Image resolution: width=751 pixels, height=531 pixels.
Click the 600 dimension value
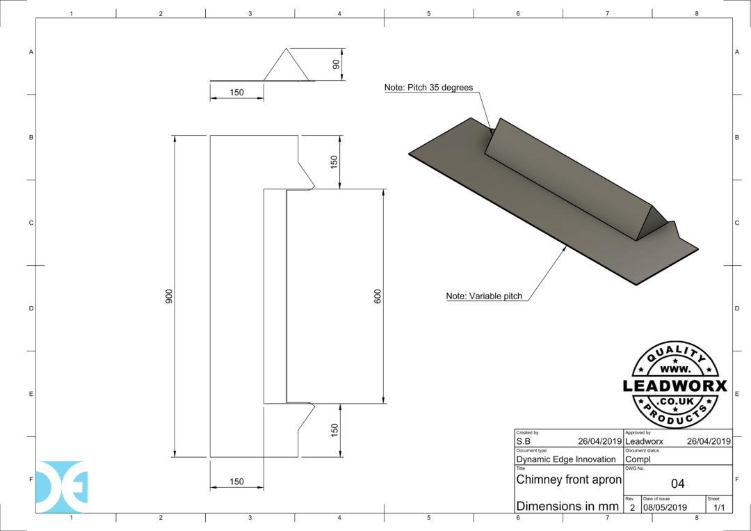point(378,296)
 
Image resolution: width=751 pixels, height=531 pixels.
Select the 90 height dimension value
point(336,65)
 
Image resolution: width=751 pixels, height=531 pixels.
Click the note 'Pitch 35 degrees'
point(428,88)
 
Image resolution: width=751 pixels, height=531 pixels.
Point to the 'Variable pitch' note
point(484,296)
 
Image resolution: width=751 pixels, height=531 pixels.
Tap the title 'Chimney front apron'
point(568,480)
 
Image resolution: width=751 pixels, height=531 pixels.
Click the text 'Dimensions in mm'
point(567,506)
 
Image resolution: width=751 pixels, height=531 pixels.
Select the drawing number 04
point(677,484)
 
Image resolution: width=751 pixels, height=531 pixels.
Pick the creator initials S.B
point(524,441)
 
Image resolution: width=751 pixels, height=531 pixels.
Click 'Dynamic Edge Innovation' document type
point(565,459)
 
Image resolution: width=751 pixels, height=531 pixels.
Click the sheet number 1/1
point(718,508)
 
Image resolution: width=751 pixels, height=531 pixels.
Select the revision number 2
point(631,508)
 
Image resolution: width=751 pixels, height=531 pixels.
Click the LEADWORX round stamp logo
point(675,385)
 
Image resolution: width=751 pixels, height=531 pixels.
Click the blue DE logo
point(62,486)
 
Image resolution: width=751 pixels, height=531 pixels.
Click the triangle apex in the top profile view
point(285,49)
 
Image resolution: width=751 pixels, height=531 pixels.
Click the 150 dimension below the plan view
point(236,482)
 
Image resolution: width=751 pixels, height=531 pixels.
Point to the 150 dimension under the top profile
point(236,93)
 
